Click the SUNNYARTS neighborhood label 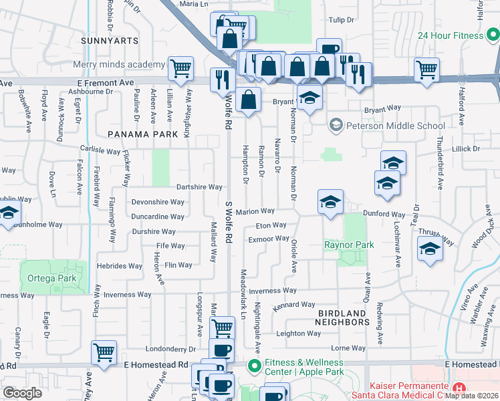click(x=110, y=41)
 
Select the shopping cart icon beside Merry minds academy click(x=180, y=68)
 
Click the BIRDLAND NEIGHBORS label click(x=342, y=317)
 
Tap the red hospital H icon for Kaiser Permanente click(x=459, y=388)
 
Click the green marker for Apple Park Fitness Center click(x=254, y=366)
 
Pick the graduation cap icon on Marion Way click(x=330, y=202)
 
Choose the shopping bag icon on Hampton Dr click(x=248, y=100)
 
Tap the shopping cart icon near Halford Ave click(x=426, y=70)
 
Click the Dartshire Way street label click(x=199, y=187)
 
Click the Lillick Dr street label click(x=467, y=148)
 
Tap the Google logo click(x=23, y=393)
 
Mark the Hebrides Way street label click(x=120, y=265)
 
